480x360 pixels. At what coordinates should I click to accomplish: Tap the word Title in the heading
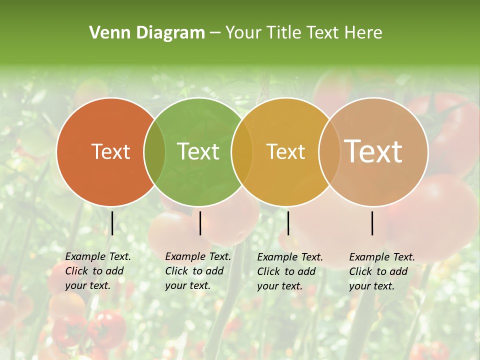click(x=283, y=33)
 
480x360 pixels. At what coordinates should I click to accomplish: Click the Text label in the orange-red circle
click(x=110, y=151)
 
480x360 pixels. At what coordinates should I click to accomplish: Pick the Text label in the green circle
click(x=198, y=151)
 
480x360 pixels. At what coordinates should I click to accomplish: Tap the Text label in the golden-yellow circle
click(x=285, y=151)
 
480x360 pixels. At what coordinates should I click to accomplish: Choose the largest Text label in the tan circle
click(x=373, y=151)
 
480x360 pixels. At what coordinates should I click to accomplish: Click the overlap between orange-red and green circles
click(x=154, y=151)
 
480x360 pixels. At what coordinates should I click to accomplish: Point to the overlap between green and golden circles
click(x=242, y=151)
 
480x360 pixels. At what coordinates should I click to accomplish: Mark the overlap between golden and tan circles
click(x=329, y=151)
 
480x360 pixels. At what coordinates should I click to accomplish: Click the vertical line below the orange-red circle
click(x=112, y=223)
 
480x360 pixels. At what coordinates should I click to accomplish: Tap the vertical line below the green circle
click(x=200, y=223)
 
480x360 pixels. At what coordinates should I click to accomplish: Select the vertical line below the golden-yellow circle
click(x=288, y=223)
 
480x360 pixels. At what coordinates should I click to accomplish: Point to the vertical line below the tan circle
click(x=372, y=223)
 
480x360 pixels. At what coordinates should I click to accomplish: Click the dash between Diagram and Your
click(x=215, y=33)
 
